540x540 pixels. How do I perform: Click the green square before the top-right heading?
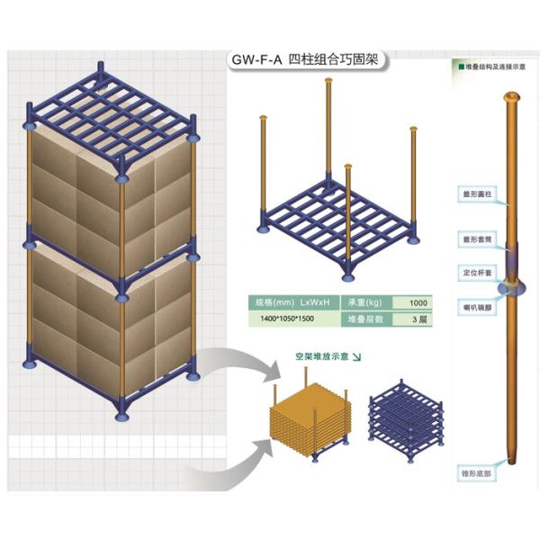point(460,66)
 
